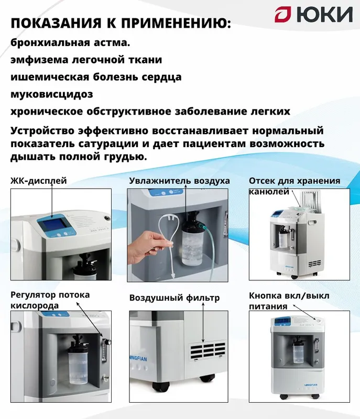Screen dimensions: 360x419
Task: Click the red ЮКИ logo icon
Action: point(283,15)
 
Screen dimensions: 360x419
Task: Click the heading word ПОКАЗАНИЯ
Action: point(56,23)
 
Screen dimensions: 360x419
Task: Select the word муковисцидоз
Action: point(52,94)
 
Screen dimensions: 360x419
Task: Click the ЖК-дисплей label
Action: point(38,181)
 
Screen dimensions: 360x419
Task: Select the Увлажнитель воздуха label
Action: point(179,181)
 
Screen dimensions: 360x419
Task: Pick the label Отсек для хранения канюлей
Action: point(294,186)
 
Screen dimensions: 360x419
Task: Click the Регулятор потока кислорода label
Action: point(50,300)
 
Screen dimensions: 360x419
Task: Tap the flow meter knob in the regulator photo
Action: point(107,342)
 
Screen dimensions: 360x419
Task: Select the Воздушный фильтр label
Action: point(174,297)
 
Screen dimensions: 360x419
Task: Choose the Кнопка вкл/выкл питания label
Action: point(289,301)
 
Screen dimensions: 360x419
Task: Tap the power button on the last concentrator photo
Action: point(319,319)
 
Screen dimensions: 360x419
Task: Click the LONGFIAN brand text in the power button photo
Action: point(311,385)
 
